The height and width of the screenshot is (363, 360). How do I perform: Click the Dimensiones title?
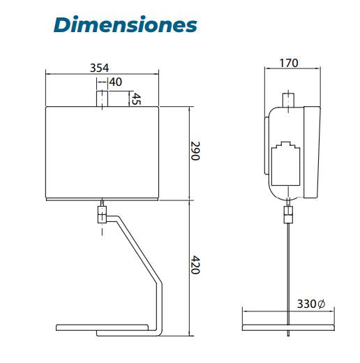coord(126,24)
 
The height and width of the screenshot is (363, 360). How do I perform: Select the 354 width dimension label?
coord(99,68)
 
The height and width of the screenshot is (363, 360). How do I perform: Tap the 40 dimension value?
coord(116,82)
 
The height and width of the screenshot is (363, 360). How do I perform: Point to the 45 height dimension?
coord(137,99)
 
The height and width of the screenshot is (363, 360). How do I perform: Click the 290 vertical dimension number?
coord(195,151)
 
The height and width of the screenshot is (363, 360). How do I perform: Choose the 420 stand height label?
coord(195,265)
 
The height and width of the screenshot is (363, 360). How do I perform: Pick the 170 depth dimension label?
coord(289,63)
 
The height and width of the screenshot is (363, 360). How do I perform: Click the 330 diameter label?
coord(307,304)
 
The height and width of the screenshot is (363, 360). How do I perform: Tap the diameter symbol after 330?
coord(321,304)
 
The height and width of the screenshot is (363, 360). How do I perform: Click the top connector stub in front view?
coord(102,99)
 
